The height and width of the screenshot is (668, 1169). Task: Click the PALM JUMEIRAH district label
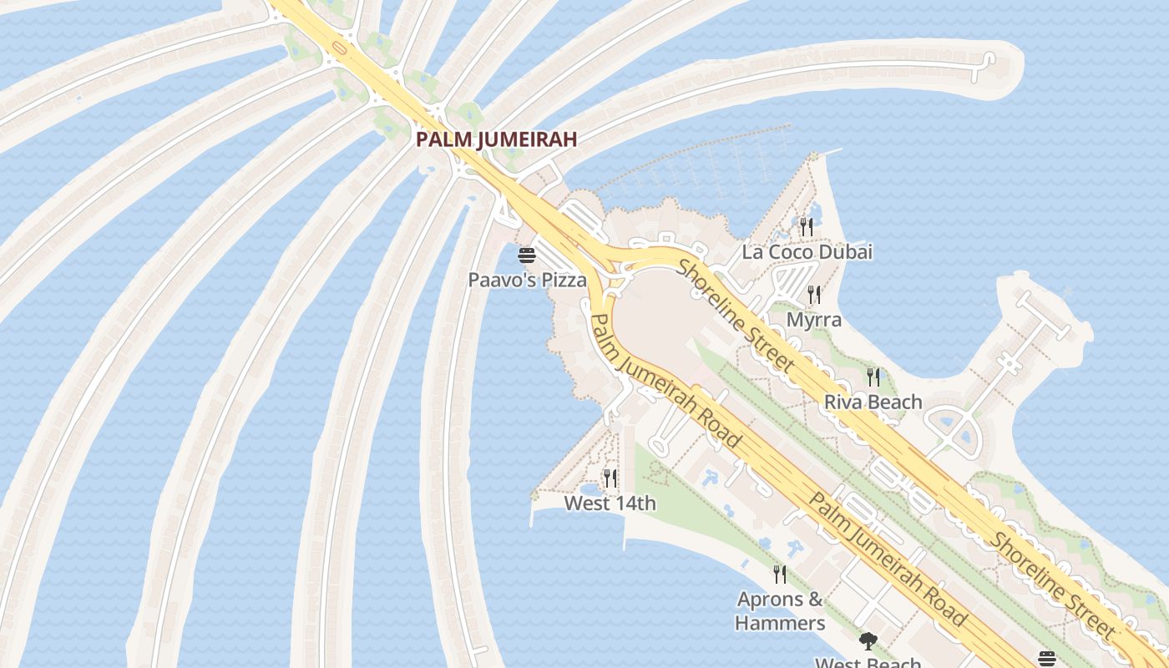click(497, 139)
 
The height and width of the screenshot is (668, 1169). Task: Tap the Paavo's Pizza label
click(527, 280)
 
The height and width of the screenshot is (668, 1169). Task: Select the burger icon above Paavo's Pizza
click(526, 256)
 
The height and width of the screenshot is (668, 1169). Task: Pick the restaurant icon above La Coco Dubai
click(806, 226)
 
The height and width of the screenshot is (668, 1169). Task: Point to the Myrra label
click(814, 320)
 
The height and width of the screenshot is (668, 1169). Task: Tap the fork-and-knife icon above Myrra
click(814, 294)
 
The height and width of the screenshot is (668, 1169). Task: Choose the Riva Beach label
click(873, 402)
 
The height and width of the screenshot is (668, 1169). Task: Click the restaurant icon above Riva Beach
click(873, 377)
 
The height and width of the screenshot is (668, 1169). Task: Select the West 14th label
click(610, 504)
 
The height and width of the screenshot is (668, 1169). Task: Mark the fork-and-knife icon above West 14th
click(610, 478)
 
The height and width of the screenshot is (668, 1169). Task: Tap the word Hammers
click(780, 623)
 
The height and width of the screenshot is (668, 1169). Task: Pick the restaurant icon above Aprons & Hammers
click(779, 574)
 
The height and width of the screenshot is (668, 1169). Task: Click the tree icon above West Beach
click(868, 641)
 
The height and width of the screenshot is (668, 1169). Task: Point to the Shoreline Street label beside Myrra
click(734, 315)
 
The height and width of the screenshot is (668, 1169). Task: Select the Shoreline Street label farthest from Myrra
click(1051, 584)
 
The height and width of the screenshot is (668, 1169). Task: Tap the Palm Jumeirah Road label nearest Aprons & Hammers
click(888, 559)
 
